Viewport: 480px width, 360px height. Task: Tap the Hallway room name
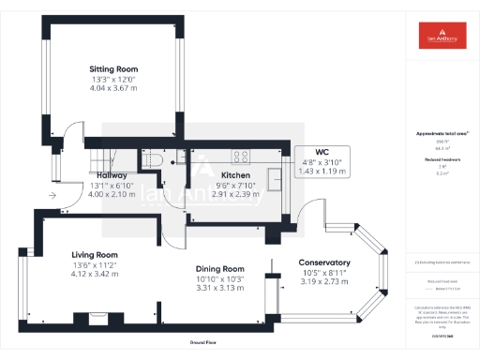pyautogui.click(x=112, y=174)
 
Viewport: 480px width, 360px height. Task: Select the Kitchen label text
pyautogui.click(x=235, y=174)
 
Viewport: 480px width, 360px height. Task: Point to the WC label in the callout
pyautogui.click(x=322, y=152)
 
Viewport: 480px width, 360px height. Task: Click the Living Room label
pyautogui.click(x=95, y=254)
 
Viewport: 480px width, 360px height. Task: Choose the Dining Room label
pyautogui.click(x=220, y=269)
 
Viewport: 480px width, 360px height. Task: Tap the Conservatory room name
pyautogui.click(x=324, y=262)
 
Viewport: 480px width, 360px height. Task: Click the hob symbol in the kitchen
pyautogui.click(x=240, y=157)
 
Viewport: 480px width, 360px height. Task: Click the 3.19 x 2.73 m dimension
pyautogui.click(x=324, y=282)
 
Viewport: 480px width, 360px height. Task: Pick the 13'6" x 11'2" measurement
pyautogui.click(x=95, y=265)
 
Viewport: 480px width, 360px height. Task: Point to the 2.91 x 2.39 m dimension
pyautogui.click(x=235, y=193)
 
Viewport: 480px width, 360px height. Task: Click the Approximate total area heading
pyautogui.click(x=441, y=134)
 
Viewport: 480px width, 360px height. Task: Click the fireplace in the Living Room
pyautogui.click(x=94, y=316)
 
